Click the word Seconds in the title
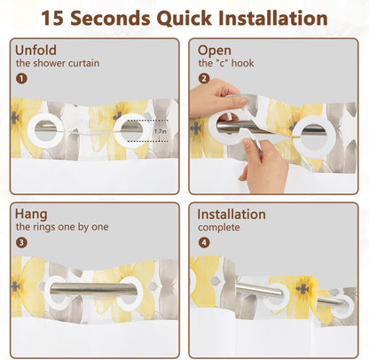tap(110, 18)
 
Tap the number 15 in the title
tap(52, 18)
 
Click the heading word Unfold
tap(35, 50)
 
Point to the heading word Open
tap(215, 51)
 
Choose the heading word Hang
tap(31, 215)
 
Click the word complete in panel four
tap(219, 228)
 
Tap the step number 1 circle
tap(21, 79)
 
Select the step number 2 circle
tap(204, 79)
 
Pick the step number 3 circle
tap(21, 243)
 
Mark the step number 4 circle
tap(204, 243)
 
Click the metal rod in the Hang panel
tap(93, 288)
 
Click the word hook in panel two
tap(242, 63)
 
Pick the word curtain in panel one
tap(83, 63)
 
